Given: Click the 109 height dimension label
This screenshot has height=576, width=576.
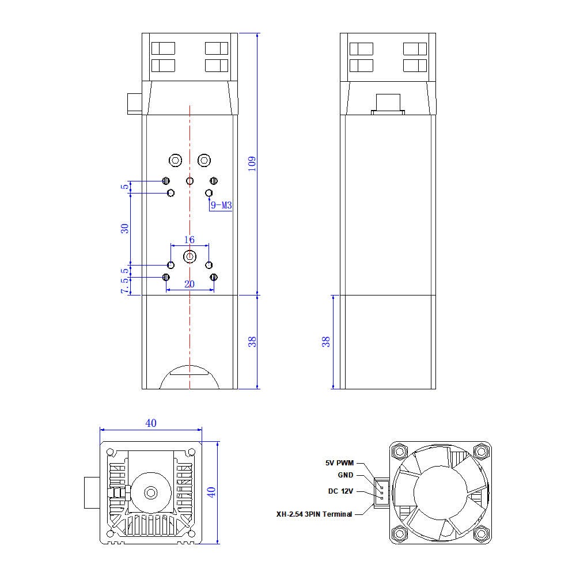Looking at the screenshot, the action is click(x=252, y=164).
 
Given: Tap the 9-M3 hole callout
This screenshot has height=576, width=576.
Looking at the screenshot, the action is click(x=221, y=205).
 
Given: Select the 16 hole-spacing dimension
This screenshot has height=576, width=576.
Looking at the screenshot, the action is click(x=189, y=240).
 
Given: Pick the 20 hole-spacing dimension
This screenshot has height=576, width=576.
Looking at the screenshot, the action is click(x=190, y=284).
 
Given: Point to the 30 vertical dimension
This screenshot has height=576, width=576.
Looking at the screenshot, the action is click(x=124, y=229).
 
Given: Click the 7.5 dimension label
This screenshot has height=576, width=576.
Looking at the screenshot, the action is click(x=124, y=285).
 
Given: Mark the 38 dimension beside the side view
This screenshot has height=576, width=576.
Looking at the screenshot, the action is click(x=325, y=342).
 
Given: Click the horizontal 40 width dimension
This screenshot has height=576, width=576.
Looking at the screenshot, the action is click(x=151, y=423).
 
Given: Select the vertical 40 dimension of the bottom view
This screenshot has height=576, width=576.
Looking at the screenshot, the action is click(x=211, y=492).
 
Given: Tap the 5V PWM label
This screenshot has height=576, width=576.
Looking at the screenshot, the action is click(x=339, y=463).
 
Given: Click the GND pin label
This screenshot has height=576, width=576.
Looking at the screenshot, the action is click(x=346, y=475).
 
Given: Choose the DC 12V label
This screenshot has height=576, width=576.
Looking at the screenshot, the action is click(x=340, y=491).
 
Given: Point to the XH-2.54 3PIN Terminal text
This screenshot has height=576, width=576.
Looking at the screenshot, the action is click(x=314, y=514).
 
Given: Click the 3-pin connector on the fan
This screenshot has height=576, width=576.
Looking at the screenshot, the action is click(x=382, y=493).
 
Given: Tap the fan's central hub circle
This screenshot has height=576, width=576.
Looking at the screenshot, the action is click(x=440, y=493).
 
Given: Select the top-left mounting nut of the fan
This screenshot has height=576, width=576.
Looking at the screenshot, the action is click(x=400, y=451).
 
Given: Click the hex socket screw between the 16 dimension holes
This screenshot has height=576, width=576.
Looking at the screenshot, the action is click(x=190, y=256).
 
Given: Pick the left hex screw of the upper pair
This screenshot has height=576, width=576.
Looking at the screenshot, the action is click(x=176, y=160).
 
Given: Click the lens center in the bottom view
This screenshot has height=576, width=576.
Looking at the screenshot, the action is click(x=151, y=492).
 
